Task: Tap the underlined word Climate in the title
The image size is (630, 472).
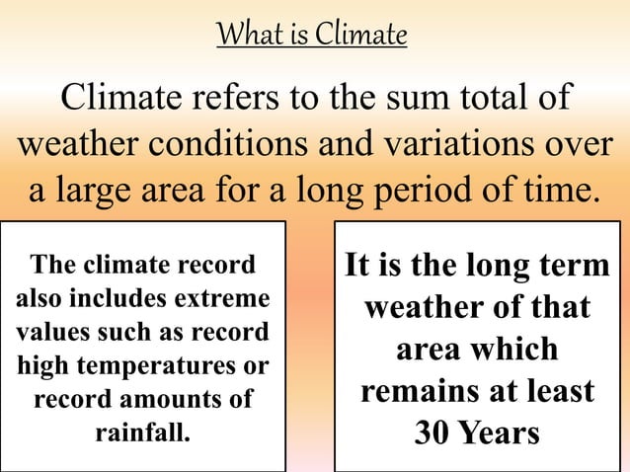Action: tap(360, 36)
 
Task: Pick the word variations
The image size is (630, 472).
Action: tap(451, 143)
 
